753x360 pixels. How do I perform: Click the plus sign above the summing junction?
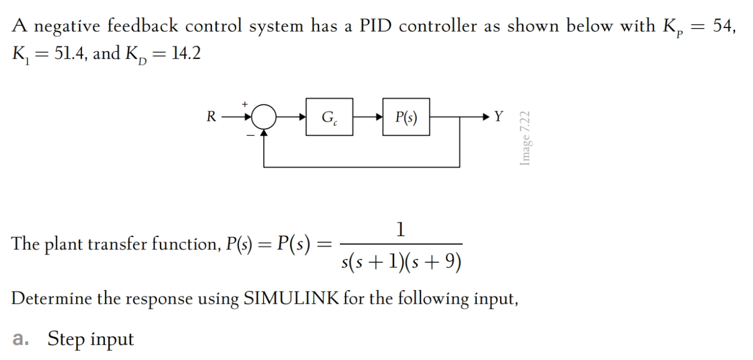[x=245, y=104]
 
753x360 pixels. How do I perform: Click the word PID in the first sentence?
[x=376, y=26]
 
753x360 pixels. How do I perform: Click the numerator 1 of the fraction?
[x=401, y=230]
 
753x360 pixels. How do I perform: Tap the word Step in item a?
[x=67, y=339]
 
